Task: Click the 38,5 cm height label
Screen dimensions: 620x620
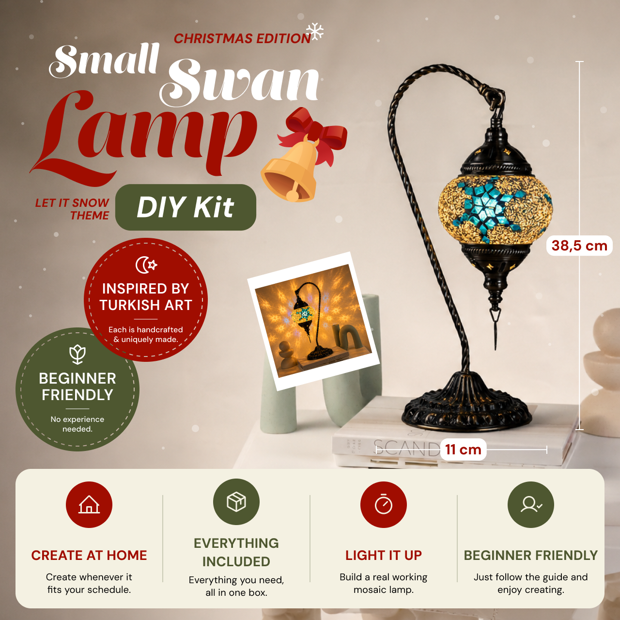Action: click(x=579, y=246)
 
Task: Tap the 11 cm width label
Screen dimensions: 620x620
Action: click(x=463, y=449)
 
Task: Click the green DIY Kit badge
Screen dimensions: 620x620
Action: click(x=186, y=207)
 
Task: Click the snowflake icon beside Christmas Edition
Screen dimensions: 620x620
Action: click(x=315, y=31)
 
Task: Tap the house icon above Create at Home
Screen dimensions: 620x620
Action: click(x=89, y=504)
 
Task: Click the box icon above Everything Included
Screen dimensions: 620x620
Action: click(x=236, y=502)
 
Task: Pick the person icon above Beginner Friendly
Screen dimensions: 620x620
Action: click(x=531, y=504)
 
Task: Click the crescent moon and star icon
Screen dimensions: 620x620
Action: click(x=146, y=265)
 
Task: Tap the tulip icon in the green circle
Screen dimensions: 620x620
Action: click(x=77, y=354)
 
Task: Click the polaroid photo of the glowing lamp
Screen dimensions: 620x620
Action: click(x=313, y=321)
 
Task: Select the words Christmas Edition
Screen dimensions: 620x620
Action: click(x=242, y=39)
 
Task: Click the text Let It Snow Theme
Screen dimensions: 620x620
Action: click(x=72, y=209)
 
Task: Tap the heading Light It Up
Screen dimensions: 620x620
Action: click(x=384, y=555)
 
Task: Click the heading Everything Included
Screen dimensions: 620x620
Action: click(x=236, y=553)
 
